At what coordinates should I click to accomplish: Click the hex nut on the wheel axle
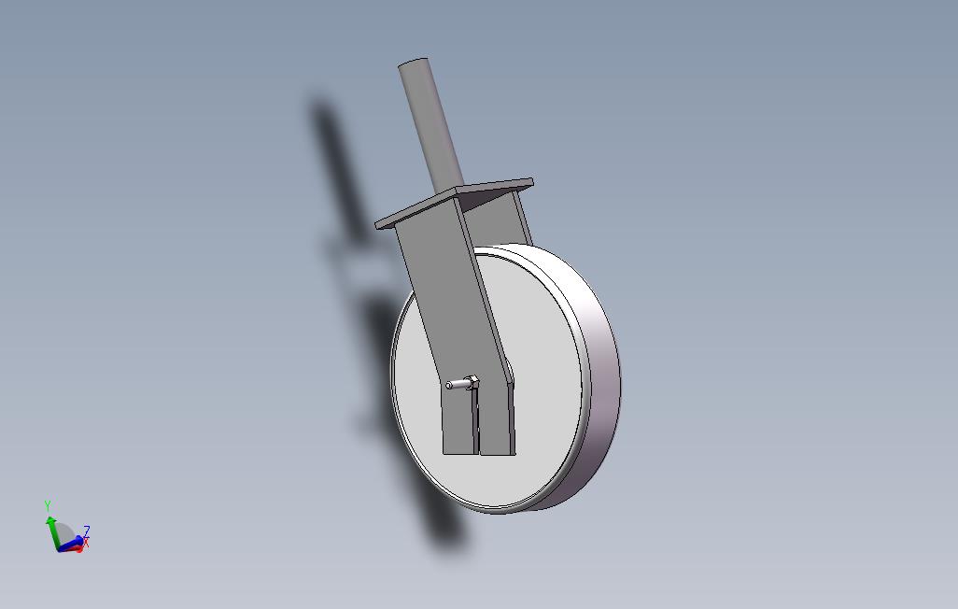(472, 381)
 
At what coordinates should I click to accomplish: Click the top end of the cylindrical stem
(414, 64)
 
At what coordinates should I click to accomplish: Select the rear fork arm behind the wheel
(512, 220)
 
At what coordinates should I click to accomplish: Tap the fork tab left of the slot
(458, 425)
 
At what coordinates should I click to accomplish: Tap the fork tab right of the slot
(498, 425)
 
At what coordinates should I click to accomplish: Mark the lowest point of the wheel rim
(500, 512)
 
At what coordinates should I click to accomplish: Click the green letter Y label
(48, 505)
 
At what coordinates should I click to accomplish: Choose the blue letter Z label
(87, 530)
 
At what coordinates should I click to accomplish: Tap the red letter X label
(86, 542)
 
